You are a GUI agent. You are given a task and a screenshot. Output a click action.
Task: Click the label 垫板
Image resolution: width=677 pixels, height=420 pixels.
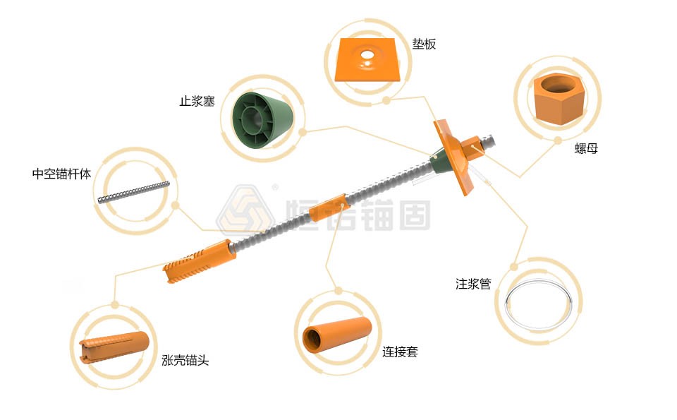point(425,44)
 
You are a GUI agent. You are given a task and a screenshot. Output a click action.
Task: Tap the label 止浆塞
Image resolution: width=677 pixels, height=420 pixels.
point(196,101)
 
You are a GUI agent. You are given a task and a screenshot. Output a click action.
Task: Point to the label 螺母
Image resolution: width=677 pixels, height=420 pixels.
point(586,149)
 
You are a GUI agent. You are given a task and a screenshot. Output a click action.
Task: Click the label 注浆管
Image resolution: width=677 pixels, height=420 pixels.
point(472,284)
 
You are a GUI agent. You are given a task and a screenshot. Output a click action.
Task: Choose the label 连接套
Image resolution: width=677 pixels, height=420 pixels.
point(400,352)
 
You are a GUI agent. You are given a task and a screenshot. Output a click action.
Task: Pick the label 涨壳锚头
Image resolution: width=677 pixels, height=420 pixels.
point(185,361)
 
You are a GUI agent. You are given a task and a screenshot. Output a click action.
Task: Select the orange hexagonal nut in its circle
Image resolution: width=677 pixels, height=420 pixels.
point(559,100)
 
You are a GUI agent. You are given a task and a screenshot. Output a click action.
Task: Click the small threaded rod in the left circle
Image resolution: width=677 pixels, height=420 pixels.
point(133,192)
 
